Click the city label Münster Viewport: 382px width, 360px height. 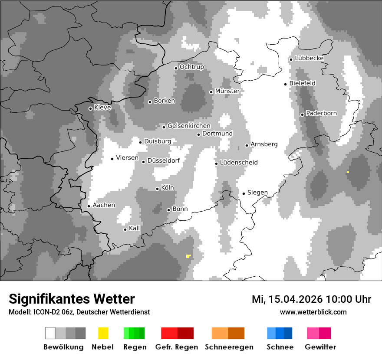pyautogui.click(x=227, y=91)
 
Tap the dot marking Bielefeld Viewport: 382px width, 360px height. pyautogui.click(x=286, y=84)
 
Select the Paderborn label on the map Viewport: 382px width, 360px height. pyautogui.click(x=321, y=113)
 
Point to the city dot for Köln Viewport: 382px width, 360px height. pyautogui.click(x=158, y=189)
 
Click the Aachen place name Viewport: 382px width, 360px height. pyautogui.click(x=104, y=205)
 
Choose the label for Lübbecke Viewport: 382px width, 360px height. pyautogui.click(x=309, y=58)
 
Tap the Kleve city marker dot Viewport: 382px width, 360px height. pyautogui.click(x=90, y=108)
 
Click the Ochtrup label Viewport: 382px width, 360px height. pyautogui.click(x=191, y=67)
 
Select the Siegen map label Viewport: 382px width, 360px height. pyautogui.click(x=257, y=193)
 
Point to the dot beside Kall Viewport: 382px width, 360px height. pyautogui.click(x=125, y=229)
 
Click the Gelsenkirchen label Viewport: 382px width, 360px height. pyautogui.click(x=189, y=126)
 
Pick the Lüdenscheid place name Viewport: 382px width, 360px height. pyautogui.click(x=239, y=163)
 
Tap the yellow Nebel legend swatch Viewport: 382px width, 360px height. pyautogui.click(x=103, y=333)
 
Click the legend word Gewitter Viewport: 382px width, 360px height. pyautogui.click(x=320, y=347)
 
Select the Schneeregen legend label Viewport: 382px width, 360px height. pyautogui.click(x=229, y=347)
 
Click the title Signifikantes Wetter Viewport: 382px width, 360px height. pyautogui.click(x=72, y=299)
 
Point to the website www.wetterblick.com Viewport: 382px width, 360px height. pyautogui.click(x=313, y=312)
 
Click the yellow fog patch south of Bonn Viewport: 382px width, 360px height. pyautogui.click(x=188, y=256)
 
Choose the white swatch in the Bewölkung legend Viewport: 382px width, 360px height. pyautogui.click(x=50, y=333)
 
